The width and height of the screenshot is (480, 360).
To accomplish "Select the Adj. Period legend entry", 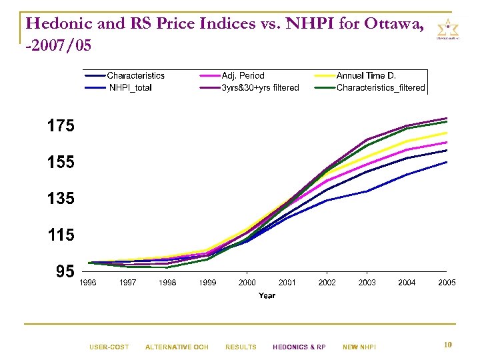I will tap(243, 76).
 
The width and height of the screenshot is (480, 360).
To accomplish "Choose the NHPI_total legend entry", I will tap(129, 87).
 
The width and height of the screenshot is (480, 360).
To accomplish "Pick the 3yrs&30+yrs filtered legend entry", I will tap(260, 87).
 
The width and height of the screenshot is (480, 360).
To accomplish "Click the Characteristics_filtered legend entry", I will tap(381, 87).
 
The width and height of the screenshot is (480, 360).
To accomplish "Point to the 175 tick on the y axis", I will tap(61, 126).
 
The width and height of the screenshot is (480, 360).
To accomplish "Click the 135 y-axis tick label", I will tap(61, 199).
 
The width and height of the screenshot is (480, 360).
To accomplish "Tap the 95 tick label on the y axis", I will tap(65, 271).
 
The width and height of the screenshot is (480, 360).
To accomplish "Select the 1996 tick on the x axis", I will tap(88, 283).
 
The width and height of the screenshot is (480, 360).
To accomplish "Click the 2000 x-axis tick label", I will tap(247, 283).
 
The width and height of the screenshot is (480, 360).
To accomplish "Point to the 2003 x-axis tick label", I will tap(367, 283).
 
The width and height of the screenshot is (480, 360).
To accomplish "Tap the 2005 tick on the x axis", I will tap(447, 283).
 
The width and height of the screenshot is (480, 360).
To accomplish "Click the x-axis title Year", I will tap(267, 295).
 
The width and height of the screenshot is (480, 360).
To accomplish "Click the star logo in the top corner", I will tap(447, 30).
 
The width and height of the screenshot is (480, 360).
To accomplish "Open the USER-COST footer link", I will tap(109, 347).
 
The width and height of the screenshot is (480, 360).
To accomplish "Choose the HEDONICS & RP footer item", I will tap(299, 347).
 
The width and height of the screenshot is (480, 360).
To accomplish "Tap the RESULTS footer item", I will tap(241, 347).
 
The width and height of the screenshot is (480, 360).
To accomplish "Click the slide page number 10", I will tap(448, 345).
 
